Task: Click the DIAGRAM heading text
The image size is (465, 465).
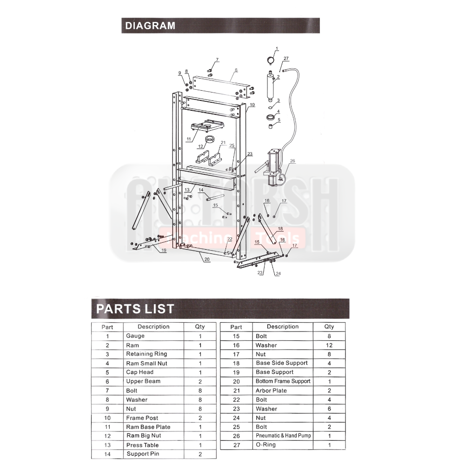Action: point(150,26)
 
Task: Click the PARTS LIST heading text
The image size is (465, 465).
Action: point(135,308)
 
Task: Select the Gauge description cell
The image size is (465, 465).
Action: point(135,336)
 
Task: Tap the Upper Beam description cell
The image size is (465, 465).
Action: point(143,381)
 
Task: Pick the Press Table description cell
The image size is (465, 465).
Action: point(142,445)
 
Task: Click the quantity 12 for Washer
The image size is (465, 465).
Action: point(329,345)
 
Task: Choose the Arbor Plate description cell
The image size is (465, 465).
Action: point(271,391)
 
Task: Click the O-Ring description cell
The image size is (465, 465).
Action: point(266,445)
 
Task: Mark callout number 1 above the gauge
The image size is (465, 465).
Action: point(277,48)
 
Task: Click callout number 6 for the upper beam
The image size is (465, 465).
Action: point(236,70)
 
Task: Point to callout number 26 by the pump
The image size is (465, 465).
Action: point(292,161)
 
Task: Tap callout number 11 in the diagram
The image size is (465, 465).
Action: point(189,139)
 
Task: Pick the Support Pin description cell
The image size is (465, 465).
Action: point(139,454)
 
